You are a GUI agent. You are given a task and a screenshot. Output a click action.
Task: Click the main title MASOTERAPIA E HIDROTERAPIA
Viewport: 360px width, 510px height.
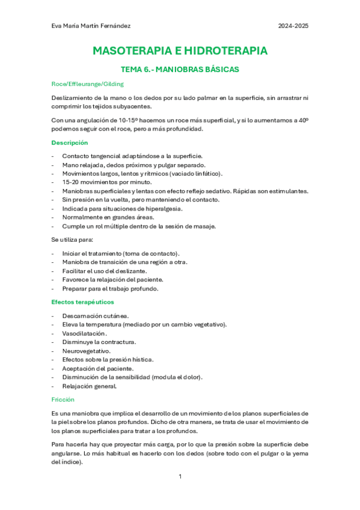180,51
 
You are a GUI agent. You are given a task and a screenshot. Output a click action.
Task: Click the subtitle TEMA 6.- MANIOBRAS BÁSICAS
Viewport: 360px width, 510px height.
180,69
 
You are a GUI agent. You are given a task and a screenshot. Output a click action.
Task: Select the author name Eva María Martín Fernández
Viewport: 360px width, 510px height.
91,26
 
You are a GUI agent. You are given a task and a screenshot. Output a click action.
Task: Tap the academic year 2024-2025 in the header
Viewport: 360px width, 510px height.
294,26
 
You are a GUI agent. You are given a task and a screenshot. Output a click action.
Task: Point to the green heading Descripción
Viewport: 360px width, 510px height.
69,143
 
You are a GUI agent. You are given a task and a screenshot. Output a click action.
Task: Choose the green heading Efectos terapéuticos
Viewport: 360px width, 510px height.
82,302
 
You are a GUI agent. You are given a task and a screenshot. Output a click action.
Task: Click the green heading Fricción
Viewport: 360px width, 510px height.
63,399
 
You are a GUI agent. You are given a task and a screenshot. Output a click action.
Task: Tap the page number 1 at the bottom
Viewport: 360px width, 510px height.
180,476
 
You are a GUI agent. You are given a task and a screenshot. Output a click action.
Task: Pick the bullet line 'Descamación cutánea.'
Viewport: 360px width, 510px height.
95,316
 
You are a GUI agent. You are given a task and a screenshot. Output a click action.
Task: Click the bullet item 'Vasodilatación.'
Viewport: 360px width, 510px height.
85,333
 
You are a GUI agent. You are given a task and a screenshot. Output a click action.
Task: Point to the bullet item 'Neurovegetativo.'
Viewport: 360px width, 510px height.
87,351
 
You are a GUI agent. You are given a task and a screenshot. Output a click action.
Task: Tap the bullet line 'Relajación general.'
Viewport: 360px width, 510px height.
90,386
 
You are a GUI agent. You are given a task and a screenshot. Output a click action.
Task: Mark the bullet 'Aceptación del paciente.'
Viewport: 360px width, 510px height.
98,368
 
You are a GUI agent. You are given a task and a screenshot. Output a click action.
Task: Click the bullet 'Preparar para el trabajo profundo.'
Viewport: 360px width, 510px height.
110,289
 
